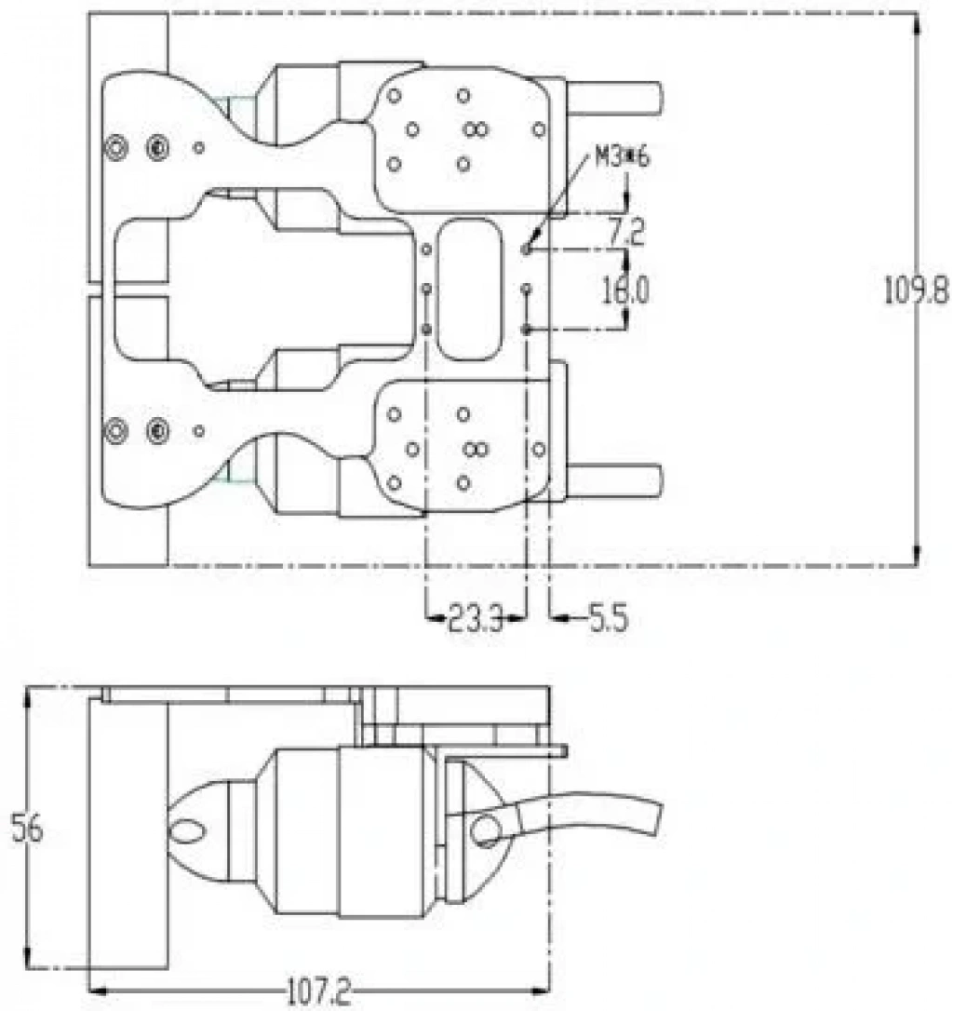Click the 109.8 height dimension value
(x=916, y=290)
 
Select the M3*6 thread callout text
(x=623, y=157)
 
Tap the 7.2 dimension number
(x=625, y=232)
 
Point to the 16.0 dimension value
(x=626, y=290)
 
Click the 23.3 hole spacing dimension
(x=476, y=619)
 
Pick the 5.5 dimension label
(x=608, y=619)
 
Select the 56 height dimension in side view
(x=27, y=829)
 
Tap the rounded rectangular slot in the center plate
(x=469, y=290)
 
